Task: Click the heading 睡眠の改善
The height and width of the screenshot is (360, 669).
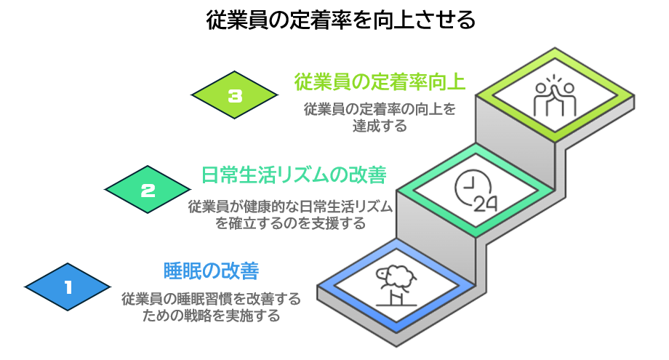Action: point(211,271)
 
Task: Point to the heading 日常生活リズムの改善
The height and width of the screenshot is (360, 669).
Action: point(293,175)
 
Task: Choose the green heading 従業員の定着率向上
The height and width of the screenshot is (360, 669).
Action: point(380,81)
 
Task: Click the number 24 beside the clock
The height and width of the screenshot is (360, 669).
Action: point(484,203)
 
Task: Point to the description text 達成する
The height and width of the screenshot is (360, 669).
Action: point(380,125)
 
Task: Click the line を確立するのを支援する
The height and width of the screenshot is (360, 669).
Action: point(291,223)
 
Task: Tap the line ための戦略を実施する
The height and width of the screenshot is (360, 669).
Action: point(211,316)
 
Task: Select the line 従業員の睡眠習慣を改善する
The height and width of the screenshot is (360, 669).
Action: point(211,299)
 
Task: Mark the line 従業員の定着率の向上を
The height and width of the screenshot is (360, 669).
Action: point(380,109)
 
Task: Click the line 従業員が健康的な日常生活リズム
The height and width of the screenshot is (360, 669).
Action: point(291,207)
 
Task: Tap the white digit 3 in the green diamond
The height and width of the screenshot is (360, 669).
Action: point(234,95)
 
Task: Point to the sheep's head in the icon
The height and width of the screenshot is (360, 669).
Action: point(383,273)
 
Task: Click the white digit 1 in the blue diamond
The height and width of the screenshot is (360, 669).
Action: point(69,287)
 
